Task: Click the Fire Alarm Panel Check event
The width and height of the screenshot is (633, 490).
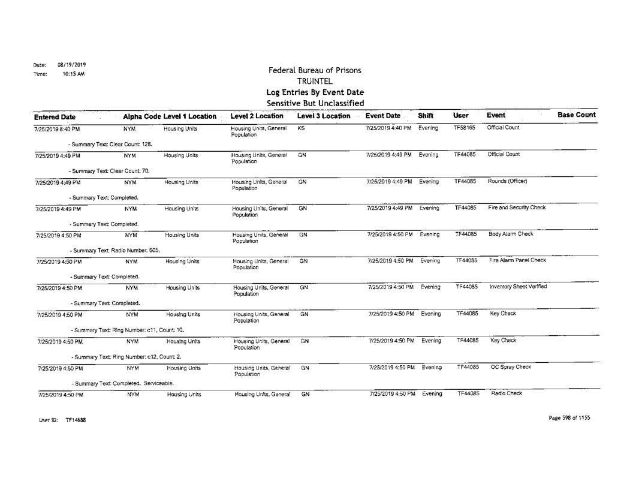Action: click(518, 260)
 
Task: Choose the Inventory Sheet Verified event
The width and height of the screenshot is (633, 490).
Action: click(520, 286)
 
